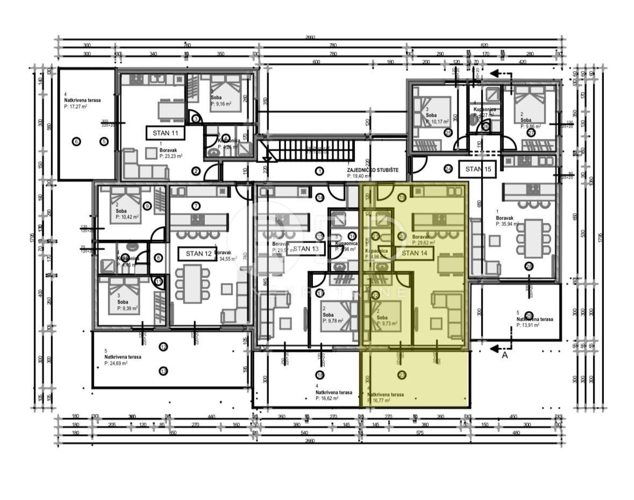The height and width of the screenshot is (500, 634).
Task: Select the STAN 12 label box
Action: click(198, 253)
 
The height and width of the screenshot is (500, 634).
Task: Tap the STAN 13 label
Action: click(305, 249)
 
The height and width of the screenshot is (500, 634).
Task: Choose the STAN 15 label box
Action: click(478, 169)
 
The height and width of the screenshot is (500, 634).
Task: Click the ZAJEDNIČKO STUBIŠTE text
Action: click(373, 170)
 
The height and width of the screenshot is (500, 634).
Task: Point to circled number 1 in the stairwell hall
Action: click(319, 172)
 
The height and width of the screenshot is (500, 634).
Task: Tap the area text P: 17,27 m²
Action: click(76, 107)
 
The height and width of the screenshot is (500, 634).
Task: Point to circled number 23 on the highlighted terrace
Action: click(402, 375)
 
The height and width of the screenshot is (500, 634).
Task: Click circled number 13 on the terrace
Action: click(163, 370)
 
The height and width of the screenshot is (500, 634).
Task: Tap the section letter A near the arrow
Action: click(504, 356)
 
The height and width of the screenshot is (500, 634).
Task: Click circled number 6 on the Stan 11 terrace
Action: click(76, 142)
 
